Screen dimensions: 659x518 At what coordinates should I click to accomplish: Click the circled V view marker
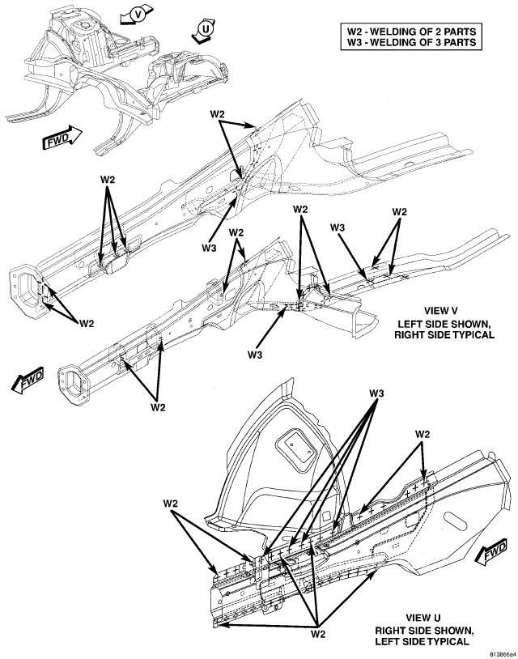tap(138, 14)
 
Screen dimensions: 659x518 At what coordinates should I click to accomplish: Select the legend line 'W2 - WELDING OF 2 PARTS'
tap(410, 33)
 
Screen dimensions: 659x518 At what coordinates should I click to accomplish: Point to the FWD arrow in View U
tap(493, 555)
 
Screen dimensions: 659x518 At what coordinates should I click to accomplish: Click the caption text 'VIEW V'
tap(441, 312)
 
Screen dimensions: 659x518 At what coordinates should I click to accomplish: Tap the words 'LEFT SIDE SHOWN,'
tap(441, 323)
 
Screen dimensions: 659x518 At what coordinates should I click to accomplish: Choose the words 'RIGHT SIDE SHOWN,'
tap(422, 629)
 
